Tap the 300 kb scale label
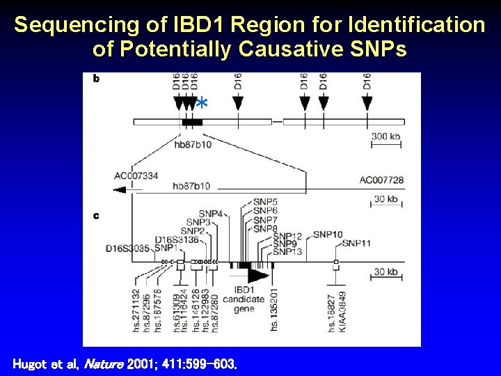pos(385,136)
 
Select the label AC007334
pos(136,175)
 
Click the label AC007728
pos(381,180)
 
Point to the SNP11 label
pos(356,243)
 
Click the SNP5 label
pos(265,202)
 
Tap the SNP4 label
pos(210,213)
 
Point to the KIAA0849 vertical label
pos(342,311)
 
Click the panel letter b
pos(96,78)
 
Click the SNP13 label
pos(287,252)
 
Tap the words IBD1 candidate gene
pos(248,299)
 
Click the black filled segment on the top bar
pos(192,122)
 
